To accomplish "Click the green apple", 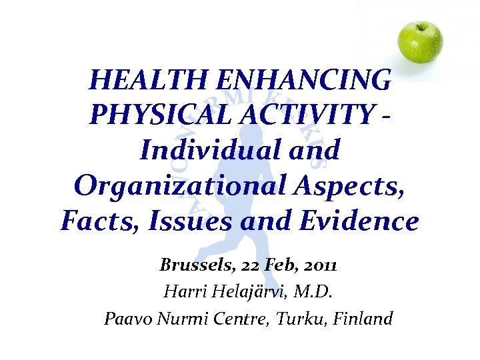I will [x=420, y=42].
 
